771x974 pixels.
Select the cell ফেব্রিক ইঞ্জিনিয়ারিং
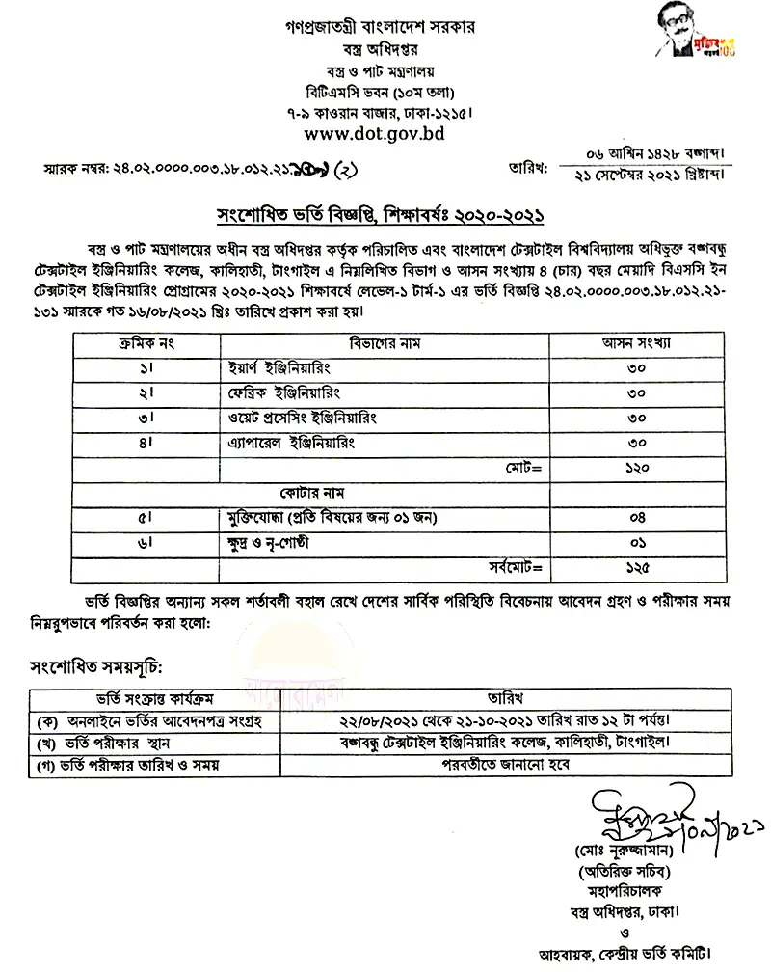(x=282, y=393)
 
